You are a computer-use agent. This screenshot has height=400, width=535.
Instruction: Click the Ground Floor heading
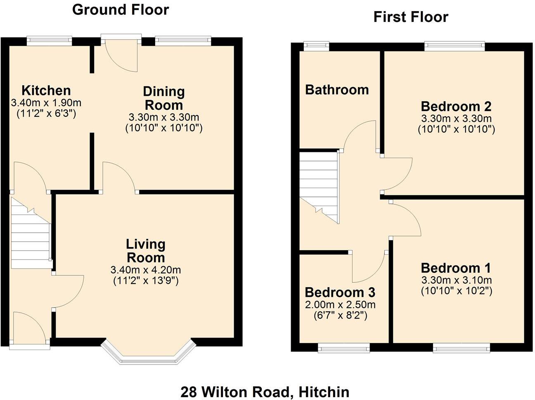point(121,9)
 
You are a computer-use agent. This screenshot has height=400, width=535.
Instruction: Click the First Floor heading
point(410,17)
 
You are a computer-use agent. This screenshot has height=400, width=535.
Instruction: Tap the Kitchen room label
point(46,90)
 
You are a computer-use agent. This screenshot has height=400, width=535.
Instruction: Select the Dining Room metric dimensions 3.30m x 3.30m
point(164,117)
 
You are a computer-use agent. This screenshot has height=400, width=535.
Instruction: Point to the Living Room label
point(146,251)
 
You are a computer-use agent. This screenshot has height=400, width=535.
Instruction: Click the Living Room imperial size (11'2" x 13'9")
point(146,281)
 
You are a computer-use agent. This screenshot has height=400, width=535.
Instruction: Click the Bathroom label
point(337,90)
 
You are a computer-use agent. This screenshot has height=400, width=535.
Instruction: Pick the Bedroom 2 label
point(456,106)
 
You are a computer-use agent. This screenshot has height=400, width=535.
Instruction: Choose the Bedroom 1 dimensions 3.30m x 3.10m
point(456,280)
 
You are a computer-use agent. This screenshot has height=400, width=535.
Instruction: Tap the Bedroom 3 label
point(340,292)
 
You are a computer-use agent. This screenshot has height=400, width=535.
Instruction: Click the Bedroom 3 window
point(343,349)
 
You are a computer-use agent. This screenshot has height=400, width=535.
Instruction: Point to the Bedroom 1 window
point(462,349)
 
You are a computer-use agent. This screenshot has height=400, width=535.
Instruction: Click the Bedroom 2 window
point(455,45)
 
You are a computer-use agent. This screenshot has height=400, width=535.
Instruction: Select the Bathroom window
point(317,45)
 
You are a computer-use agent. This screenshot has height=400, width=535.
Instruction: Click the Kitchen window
point(49,40)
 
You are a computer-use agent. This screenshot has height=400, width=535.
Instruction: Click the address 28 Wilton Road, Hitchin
point(265,391)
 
